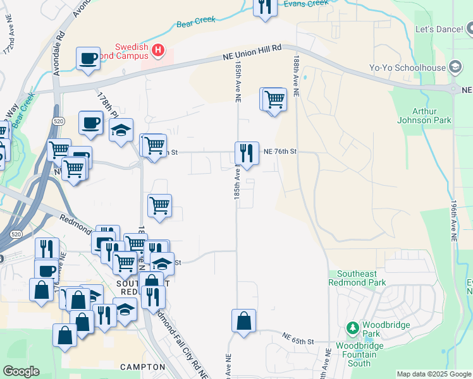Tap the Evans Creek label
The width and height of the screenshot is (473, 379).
click(306, 4)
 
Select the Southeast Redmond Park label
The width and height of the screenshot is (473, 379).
click(360, 278)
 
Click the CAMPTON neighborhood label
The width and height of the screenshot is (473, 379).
click(143, 366)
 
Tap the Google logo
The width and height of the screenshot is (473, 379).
click(21, 371)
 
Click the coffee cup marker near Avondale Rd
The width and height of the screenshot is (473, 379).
click(88, 59)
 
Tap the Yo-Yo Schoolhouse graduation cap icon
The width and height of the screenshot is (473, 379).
click(455, 67)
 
